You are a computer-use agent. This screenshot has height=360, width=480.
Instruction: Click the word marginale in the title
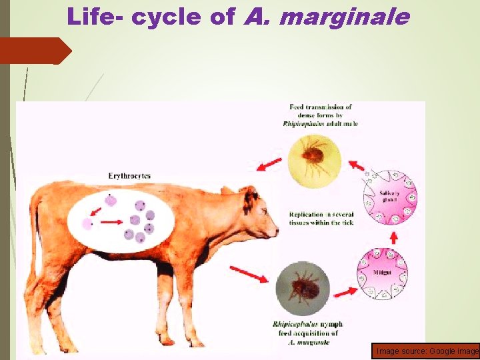pyautogui.click(x=345, y=17)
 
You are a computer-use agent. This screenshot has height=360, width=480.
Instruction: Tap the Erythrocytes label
pyautogui.click(x=129, y=176)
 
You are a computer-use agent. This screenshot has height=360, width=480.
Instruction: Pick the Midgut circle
pyautogui.click(x=383, y=274)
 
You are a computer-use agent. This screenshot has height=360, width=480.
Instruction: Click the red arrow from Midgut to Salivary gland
pyautogui.click(x=393, y=236)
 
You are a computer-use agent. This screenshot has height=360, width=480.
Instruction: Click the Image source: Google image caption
pyautogui.click(x=427, y=351)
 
